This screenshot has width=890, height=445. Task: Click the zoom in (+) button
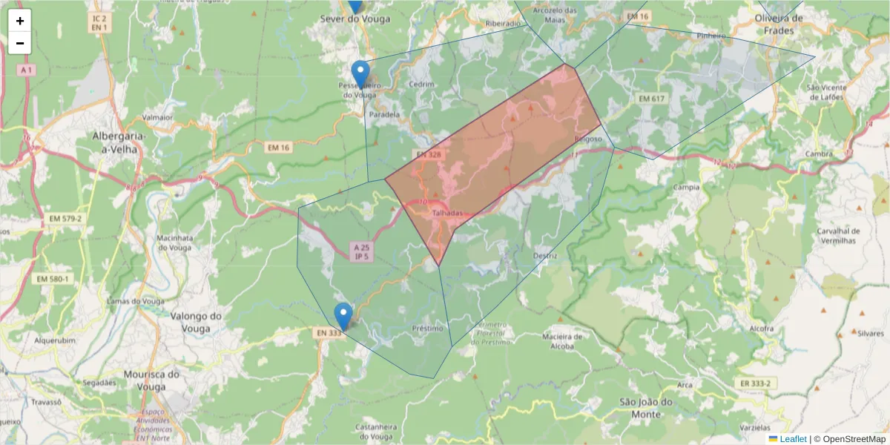20,21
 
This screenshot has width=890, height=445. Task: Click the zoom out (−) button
20,43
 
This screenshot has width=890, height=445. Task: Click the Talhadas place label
446,213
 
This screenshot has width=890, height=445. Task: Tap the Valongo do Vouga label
197,321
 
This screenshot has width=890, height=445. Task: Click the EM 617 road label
652,99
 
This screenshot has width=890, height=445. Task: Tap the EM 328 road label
428,154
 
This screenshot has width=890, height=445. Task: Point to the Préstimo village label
427,328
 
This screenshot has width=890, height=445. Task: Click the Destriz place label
545,256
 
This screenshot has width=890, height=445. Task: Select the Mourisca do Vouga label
152,380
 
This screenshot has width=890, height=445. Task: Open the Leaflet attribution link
793,438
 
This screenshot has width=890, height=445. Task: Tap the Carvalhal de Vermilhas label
837,235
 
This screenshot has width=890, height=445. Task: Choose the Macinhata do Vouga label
174,243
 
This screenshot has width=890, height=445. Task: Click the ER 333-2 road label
756,383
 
